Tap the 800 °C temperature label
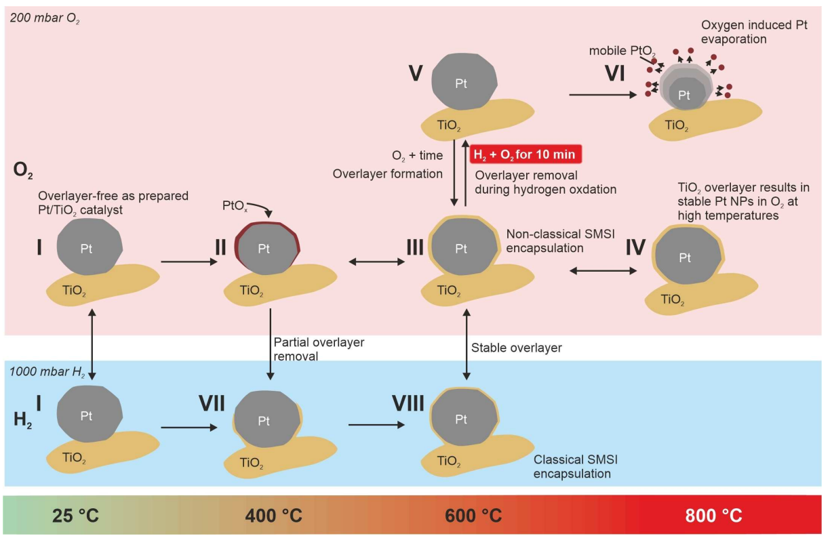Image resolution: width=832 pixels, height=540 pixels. point(713,516)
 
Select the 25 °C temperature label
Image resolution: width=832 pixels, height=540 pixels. point(75,516)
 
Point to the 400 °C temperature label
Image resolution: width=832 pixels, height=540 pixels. point(273,516)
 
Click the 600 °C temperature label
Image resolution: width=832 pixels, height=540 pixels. point(473,516)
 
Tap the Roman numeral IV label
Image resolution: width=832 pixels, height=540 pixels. point(635,248)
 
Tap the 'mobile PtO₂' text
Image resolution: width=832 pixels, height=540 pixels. point(614,50)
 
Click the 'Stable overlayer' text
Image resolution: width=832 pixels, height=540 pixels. point(516,348)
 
